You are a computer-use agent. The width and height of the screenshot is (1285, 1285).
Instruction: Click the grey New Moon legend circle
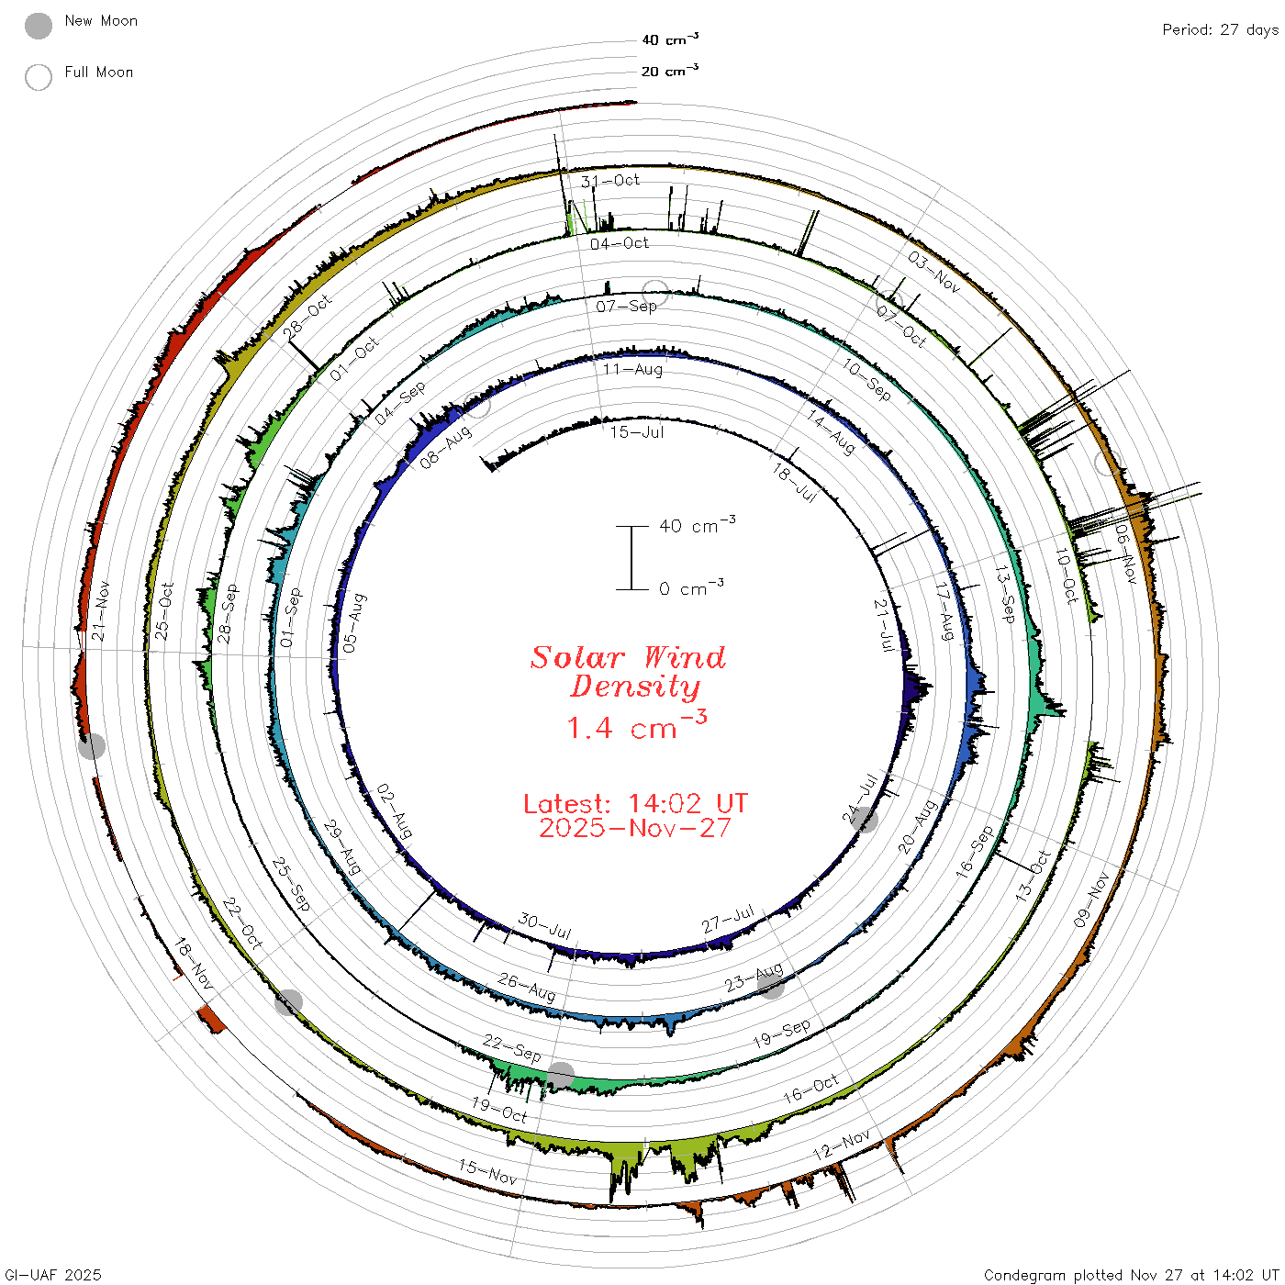[38, 26]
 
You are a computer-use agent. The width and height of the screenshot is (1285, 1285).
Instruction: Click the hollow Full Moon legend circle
[38, 77]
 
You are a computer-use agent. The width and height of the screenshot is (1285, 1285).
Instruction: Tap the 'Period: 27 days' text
[1220, 30]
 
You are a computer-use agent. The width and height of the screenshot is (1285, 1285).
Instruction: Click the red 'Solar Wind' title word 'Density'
[635, 687]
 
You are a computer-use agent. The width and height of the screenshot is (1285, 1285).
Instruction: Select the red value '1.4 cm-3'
[636, 726]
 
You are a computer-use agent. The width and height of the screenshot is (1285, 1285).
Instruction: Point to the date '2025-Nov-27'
[635, 828]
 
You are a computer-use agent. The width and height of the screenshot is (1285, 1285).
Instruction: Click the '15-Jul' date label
[637, 432]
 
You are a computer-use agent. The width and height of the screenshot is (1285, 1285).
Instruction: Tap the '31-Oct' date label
[610, 181]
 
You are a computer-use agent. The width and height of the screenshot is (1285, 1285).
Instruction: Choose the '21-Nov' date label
[100, 610]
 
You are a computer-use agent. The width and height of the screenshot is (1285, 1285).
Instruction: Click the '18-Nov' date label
[194, 964]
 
